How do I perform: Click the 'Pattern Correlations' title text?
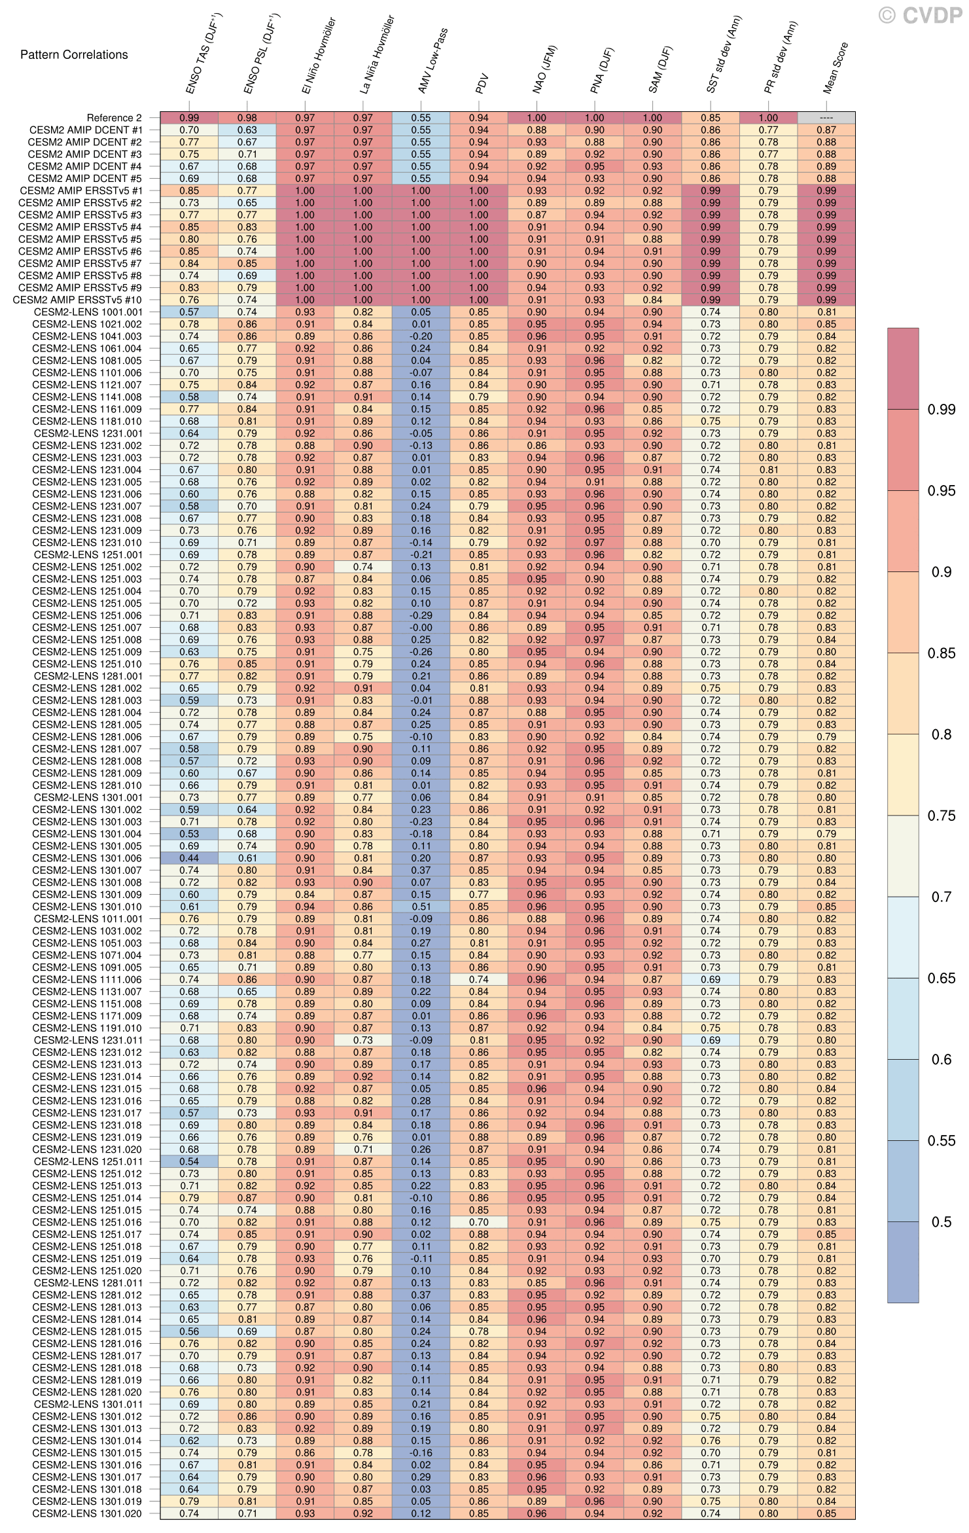(74, 55)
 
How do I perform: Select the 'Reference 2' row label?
(114, 118)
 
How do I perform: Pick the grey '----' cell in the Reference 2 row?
(826, 118)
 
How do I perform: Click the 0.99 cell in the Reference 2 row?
(189, 118)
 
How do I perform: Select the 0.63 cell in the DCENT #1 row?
(247, 130)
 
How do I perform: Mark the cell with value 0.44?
(189, 858)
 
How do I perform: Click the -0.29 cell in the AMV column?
(421, 615)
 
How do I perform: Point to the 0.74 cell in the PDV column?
(479, 979)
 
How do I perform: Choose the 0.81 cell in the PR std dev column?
(768, 470)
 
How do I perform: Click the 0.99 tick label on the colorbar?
(941, 410)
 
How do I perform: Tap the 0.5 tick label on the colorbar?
(941, 1221)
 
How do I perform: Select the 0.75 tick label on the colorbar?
(941, 816)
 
